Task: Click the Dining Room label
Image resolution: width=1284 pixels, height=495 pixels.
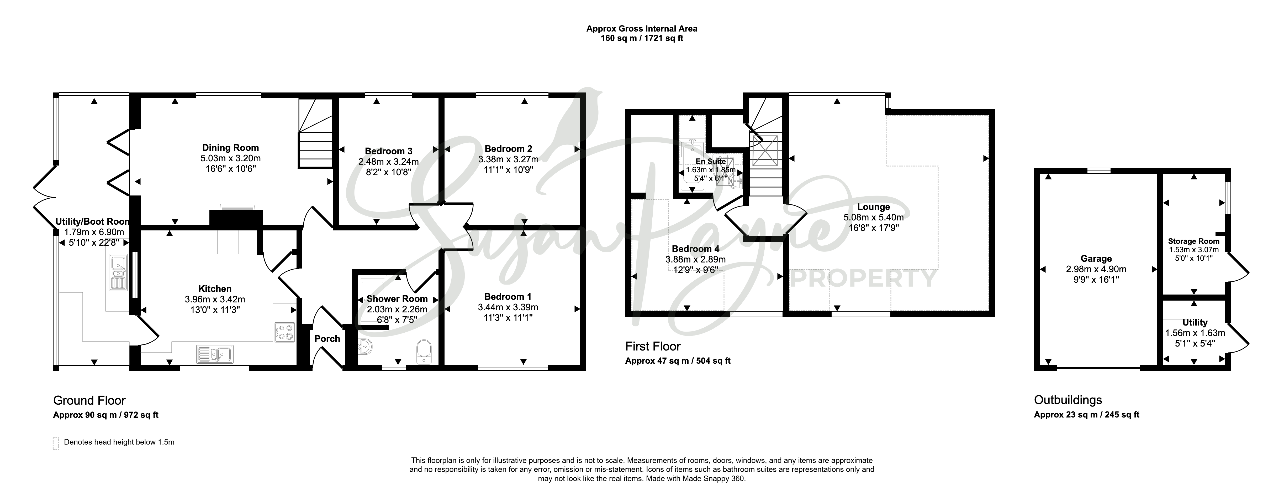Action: (x=230, y=148)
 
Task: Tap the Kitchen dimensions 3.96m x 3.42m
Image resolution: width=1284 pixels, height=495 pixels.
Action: (x=215, y=300)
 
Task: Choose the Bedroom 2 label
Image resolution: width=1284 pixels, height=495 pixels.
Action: (x=508, y=149)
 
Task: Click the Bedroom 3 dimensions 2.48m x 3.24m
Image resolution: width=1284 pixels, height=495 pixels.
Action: (x=388, y=162)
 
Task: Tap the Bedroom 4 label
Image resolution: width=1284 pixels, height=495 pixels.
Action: (x=695, y=249)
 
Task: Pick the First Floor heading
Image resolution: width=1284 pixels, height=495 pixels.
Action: (x=653, y=346)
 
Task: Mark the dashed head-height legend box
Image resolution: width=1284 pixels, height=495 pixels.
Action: (x=56, y=444)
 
